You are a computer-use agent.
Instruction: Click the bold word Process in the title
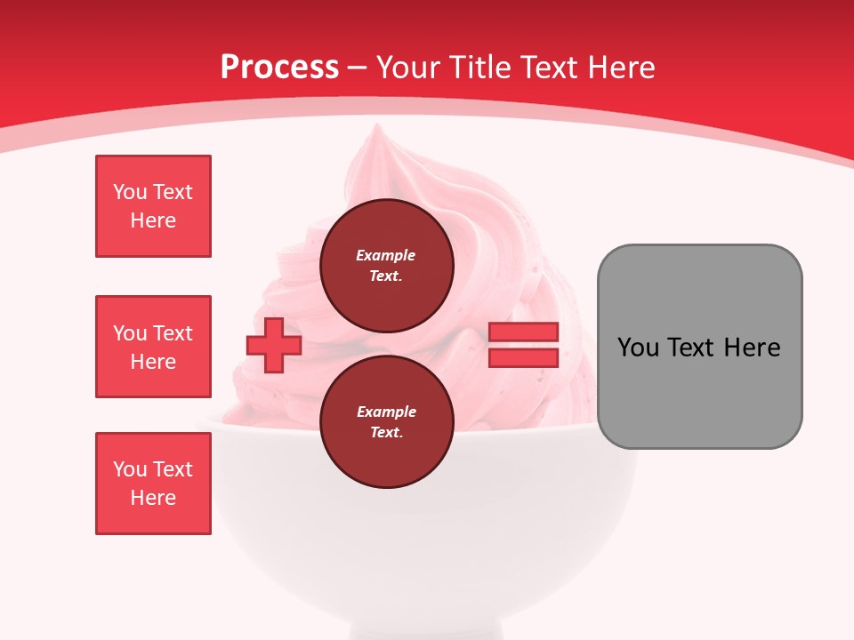point(279,68)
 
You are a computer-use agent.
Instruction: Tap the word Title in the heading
point(481,68)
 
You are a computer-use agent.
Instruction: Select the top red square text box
point(153,206)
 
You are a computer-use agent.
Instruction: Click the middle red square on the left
point(153,347)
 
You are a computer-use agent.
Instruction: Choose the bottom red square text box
point(153,484)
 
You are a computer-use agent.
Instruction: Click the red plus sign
point(274,345)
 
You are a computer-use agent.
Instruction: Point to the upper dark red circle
point(386,266)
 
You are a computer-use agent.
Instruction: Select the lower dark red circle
point(386,422)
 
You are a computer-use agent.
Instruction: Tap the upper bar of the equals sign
point(523,332)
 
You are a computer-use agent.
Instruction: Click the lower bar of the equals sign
point(523,357)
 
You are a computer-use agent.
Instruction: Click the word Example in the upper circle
point(386,256)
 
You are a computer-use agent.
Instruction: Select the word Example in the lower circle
point(386,412)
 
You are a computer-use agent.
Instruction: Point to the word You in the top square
point(130,192)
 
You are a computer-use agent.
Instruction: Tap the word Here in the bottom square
point(153,498)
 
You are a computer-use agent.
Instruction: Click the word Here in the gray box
point(752,348)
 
